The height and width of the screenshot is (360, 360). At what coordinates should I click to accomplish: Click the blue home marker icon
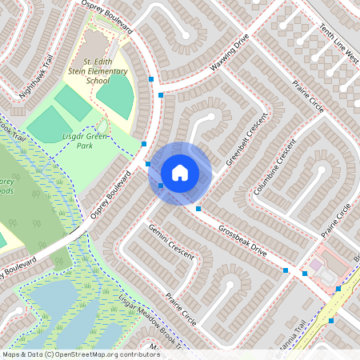[180, 172]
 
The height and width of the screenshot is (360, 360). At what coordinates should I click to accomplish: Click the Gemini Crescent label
[171, 241]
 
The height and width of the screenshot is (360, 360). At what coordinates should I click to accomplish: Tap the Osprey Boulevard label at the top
[107, 15]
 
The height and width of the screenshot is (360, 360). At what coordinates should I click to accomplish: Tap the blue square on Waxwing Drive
[161, 95]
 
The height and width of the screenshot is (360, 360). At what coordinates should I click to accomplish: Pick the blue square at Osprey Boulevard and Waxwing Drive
[151, 78]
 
